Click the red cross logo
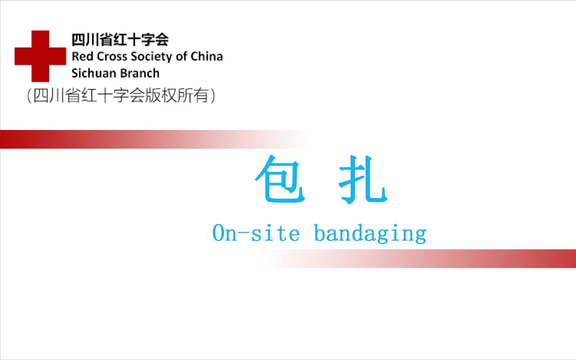(40, 56)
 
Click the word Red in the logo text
(82, 57)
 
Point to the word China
(207, 57)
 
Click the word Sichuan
(93, 73)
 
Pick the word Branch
(140, 73)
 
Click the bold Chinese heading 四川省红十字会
(120, 40)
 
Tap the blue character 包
(280, 179)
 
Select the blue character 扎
(363, 179)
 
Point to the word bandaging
(370, 233)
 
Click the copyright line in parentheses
(121, 96)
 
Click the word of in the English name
(182, 57)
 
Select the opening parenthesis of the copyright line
(29, 96)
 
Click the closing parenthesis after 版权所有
(213, 96)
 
